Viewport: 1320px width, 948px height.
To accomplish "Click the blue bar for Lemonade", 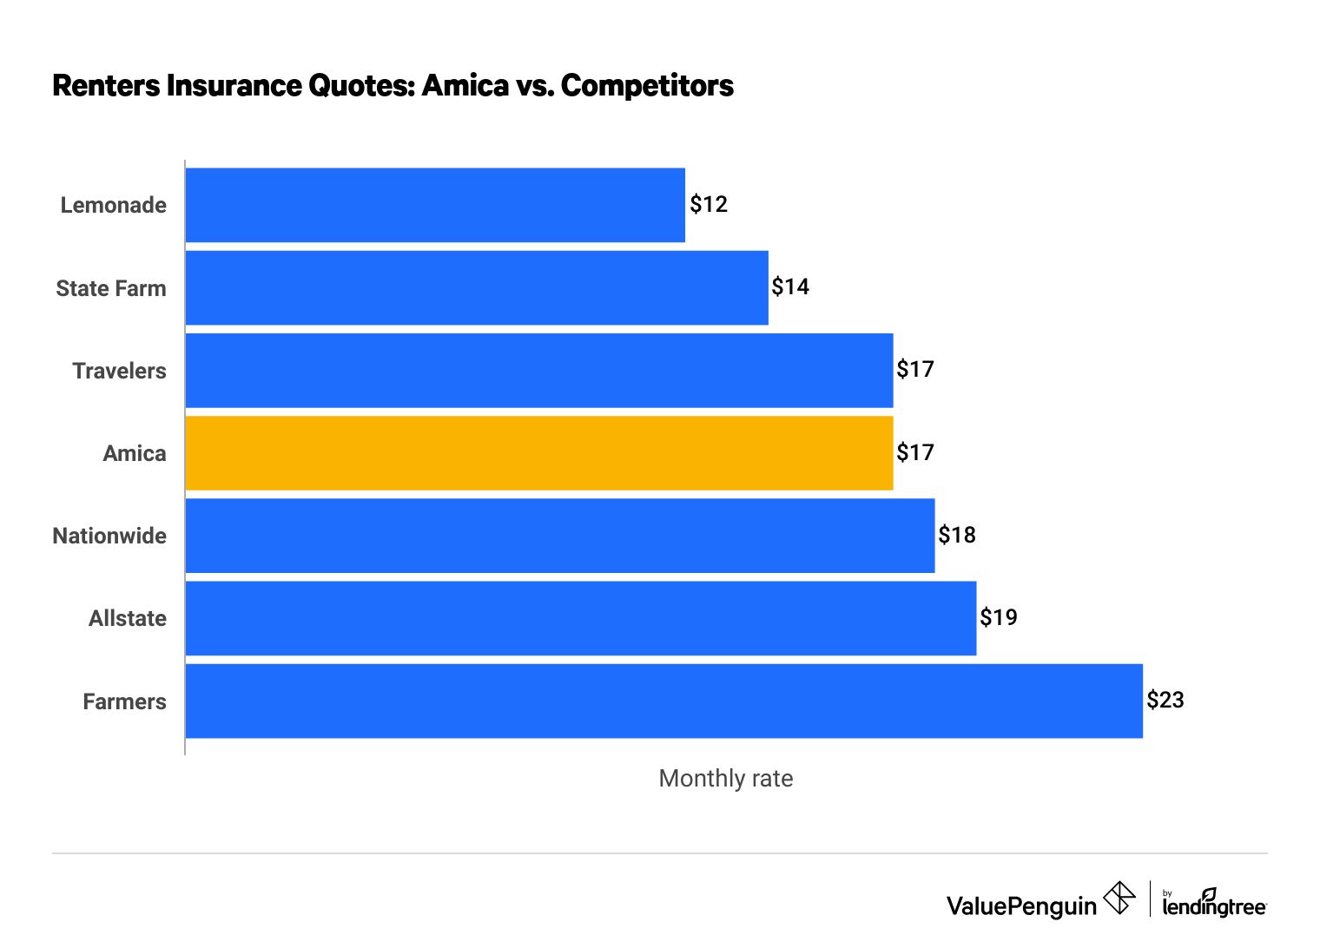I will (x=435, y=205).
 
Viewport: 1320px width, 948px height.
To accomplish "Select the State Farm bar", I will (x=477, y=288).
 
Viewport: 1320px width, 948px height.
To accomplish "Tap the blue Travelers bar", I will (x=539, y=371).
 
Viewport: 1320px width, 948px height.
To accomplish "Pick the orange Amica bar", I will (x=539, y=453).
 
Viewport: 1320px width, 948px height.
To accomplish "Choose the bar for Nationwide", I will (x=560, y=536).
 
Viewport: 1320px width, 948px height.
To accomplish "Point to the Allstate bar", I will (x=581, y=618).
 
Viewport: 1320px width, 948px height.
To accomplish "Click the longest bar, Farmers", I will (x=664, y=701).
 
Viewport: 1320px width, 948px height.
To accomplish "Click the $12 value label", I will (x=709, y=204).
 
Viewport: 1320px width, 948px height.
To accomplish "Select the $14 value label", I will (x=790, y=286).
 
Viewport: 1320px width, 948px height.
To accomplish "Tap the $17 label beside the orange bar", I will (x=915, y=452).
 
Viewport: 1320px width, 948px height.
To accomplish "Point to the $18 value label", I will (x=957, y=535).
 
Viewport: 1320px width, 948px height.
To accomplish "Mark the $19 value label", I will (x=999, y=617).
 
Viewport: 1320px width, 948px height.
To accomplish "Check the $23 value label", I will (x=1165, y=700).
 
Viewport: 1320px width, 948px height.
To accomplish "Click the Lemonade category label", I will (x=113, y=205).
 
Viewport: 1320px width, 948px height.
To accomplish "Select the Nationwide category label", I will (x=109, y=536).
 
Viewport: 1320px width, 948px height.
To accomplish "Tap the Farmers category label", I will (x=124, y=701).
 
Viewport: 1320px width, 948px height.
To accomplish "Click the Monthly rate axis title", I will (x=726, y=778).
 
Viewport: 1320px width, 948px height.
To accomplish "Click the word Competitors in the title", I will (x=647, y=86).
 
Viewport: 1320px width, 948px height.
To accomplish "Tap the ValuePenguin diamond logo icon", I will (x=1119, y=898).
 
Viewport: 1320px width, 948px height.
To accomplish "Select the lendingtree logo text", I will (x=1214, y=906).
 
